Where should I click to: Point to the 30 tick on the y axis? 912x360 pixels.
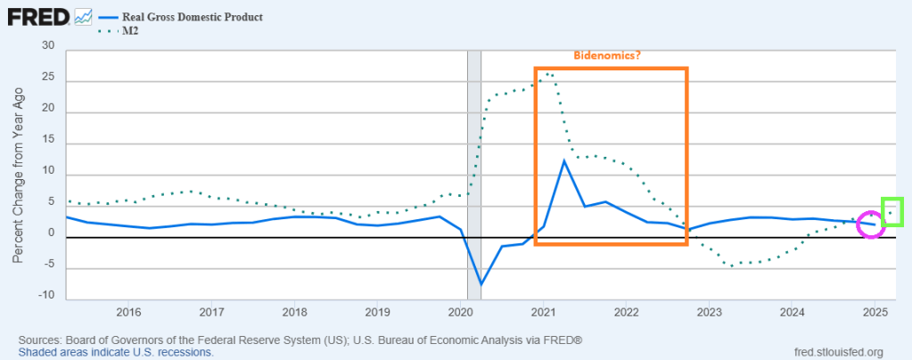(x=48, y=46)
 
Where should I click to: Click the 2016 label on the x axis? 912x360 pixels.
(x=128, y=313)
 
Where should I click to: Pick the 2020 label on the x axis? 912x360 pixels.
(x=460, y=313)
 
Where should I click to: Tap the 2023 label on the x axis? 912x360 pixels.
(x=709, y=313)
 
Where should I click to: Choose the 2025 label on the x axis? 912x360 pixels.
(x=875, y=313)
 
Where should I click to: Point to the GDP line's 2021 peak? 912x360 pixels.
(x=564, y=160)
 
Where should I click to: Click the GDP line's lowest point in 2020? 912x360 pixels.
(x=481, y=284)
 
